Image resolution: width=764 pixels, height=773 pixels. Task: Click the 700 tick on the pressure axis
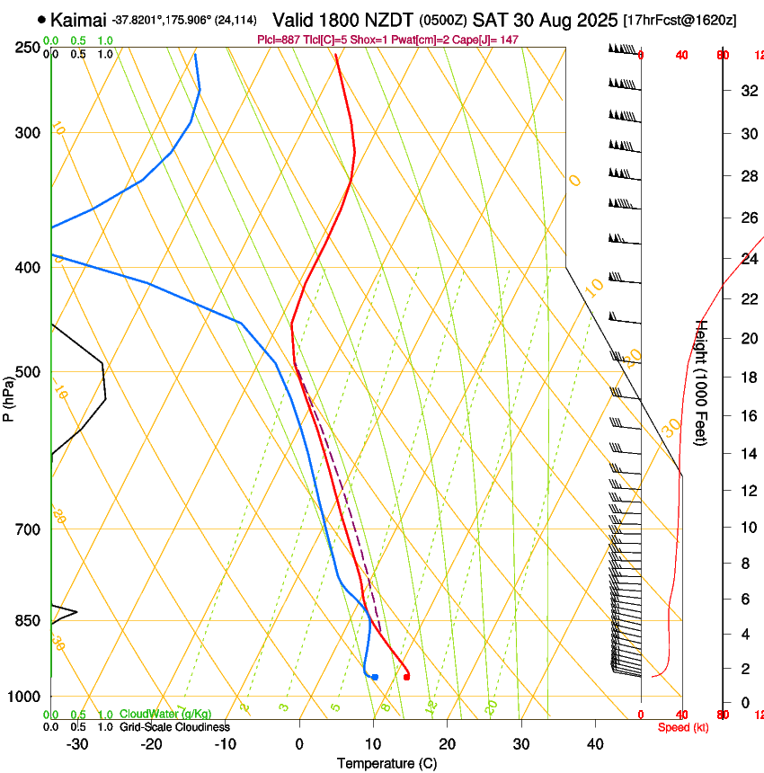(x=28, y=529)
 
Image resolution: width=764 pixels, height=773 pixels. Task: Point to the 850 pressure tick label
(x=28, y=621)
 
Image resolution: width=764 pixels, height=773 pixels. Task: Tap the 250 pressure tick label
(x=28, y=47)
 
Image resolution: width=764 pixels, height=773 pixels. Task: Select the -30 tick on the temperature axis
(x=78, y=743)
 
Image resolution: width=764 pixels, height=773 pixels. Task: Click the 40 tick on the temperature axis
(x=595, y=743)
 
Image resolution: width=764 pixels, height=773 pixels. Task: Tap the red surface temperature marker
(x=407, y=677)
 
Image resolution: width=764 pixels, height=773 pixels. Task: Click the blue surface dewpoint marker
(x=375, y=677)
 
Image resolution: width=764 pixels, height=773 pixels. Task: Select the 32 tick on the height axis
(x=748, y=90)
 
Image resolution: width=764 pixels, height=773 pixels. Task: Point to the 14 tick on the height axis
(x=748, y=454)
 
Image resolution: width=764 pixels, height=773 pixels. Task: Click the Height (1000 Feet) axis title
(x=702, y=383)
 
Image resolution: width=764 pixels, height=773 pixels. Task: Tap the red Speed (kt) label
(x=683, y=727)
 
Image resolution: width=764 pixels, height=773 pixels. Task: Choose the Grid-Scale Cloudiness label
(x=174, y=726)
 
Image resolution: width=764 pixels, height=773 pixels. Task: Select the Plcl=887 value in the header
(x=279, y=40)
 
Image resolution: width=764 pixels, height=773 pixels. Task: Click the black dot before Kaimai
(x=41, y=19)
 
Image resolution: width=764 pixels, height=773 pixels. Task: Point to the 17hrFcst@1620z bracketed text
(x=680, y=20)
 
